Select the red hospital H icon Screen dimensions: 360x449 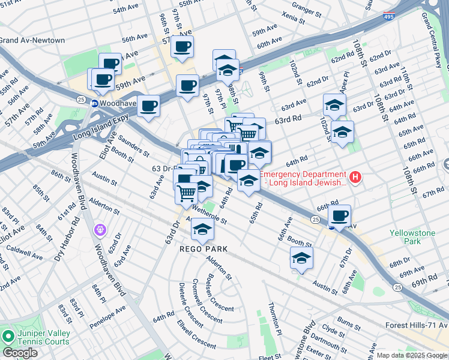[x=355, y=177]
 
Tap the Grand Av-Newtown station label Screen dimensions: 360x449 [x=32, y=40]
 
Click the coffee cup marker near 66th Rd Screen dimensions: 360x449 [x=340, y=215]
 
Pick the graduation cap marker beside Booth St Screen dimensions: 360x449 [x=302, y=259]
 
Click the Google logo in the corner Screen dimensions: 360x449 [x=20, y=352]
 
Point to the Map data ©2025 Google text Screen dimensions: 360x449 [x=412, y=355]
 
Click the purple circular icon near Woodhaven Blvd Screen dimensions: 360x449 [x=100, y=229]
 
